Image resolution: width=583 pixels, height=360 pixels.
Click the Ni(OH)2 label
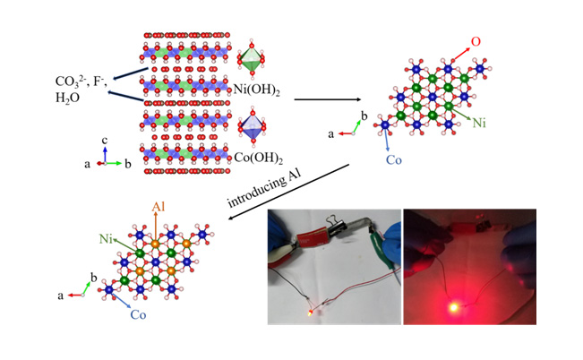pos(256,90)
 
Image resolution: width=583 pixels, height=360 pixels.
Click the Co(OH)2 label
pos(259,159)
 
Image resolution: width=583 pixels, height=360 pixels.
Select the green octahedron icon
pos(252,58)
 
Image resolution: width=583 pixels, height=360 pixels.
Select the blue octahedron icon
pos(253,125)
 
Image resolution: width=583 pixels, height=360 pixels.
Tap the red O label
pos(476,42)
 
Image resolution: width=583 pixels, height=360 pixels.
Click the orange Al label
pos(158,207)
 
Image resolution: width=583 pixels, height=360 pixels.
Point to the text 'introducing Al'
pos(264,189)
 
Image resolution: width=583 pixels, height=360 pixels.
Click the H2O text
pos(67,98)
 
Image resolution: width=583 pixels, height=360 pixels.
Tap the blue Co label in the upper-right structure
pos(394,160)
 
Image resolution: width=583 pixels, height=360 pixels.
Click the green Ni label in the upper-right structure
pos(479,123)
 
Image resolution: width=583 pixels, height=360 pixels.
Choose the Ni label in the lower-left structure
pos(106,239)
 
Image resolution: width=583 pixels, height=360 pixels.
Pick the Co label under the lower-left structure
pos(138,315)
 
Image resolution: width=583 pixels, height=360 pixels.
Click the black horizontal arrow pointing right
pos(327,99)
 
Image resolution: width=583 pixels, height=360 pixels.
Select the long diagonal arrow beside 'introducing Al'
pos(289,192)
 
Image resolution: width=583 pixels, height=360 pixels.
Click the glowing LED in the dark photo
pos(453,307)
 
